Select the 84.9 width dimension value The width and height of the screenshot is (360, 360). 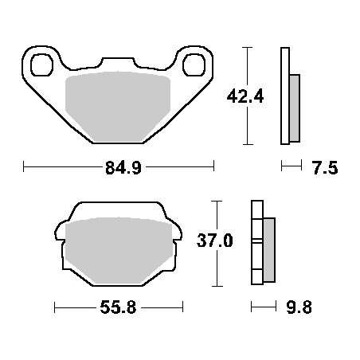tap(119, 168)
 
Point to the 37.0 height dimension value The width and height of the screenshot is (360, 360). tap(217, 241)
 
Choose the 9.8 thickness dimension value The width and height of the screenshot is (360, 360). tap(300, 307)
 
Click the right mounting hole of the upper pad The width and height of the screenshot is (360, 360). tap(194, 63)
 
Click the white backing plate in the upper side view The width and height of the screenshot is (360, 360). tap(284, 96)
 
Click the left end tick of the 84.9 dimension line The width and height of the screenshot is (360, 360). tap(25, 167)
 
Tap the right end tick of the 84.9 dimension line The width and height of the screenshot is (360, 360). tap(213, 167)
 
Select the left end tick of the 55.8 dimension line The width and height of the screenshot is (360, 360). tap(54, 307)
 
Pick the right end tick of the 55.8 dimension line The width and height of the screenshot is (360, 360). tap(183, 307)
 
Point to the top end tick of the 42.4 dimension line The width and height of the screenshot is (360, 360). tap(249, 48)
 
